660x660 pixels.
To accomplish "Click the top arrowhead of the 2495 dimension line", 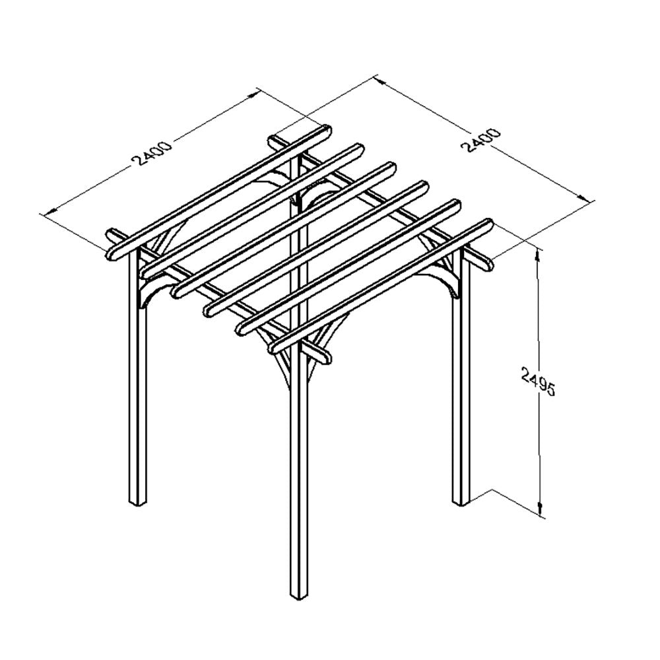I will (538, 253).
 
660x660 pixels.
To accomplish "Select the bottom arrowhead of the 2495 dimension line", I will (540, 511).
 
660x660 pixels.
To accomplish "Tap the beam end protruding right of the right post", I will (486, 265).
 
